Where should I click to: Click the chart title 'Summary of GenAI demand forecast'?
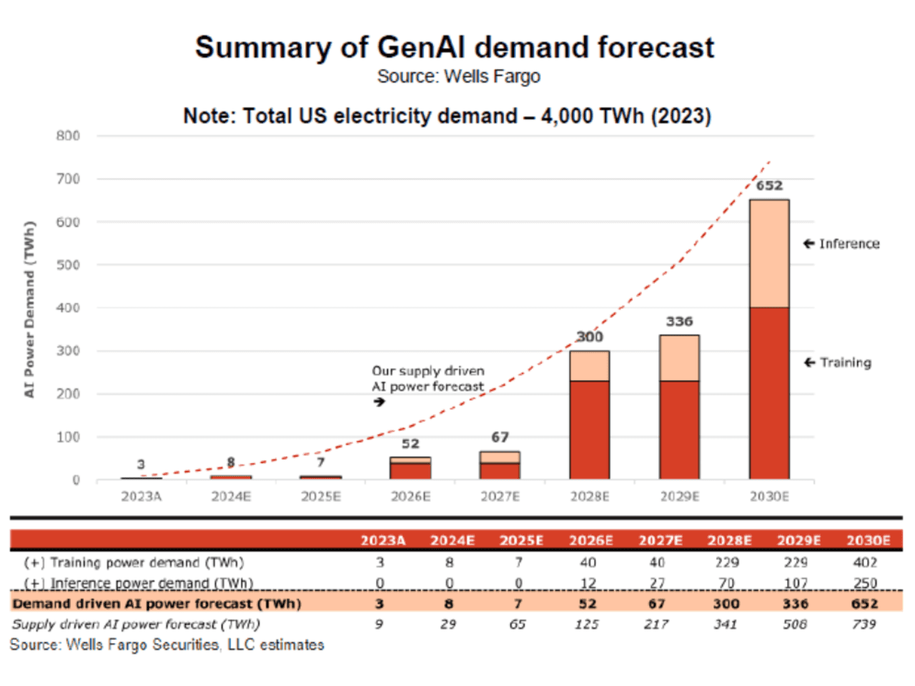coord(455,47)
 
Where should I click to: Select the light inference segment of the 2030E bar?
coord(769,254)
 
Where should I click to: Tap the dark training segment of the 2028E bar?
coord(590,429)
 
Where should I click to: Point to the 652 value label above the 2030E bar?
coord(769,186)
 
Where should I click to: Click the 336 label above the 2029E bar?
coord(679,322)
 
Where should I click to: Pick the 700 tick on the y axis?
coord(69,179)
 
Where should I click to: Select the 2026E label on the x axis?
coord(410,496)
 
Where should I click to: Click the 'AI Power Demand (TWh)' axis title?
coord(29,309)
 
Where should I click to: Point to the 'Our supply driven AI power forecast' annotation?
coord(427,379)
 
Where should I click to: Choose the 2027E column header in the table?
coord(660,540)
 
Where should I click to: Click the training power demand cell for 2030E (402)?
coord(865,562)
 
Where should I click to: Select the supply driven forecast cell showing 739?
coord(864,624)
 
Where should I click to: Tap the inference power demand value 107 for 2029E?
coord(796,583)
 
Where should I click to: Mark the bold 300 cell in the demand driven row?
coord(726,604)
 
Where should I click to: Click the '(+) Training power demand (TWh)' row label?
coord(134,562)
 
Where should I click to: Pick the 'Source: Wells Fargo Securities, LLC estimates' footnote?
coord(167,645)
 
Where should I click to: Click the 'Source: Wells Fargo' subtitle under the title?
coord(458,76)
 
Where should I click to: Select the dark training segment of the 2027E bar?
coord(500,471)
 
